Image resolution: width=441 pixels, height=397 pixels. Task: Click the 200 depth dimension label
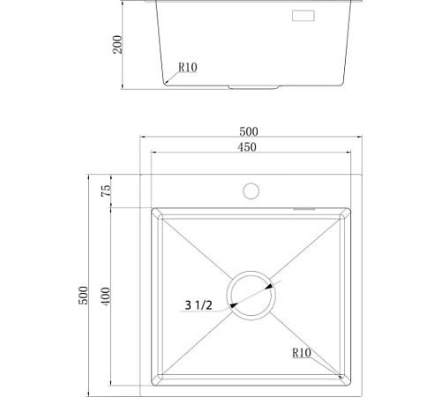[117, 44]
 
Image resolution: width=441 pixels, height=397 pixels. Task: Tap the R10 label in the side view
[188, 67]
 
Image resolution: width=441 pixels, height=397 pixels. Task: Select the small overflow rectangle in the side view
[303, 16]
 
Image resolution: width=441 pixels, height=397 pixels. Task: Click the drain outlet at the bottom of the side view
[253, 87]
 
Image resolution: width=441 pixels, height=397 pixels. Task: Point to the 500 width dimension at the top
[249, 131]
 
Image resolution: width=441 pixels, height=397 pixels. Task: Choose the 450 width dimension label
[247, 146]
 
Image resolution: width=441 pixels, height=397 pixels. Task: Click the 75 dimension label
[106, 191]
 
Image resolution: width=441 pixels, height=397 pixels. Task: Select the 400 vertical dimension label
[105, 296]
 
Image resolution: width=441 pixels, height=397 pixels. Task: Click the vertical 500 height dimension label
[83, 296]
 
